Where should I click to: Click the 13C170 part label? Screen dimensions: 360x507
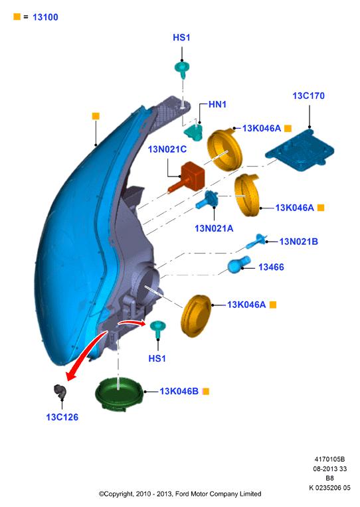308,96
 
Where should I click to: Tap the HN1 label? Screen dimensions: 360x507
217,104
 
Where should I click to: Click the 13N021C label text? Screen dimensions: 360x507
167,149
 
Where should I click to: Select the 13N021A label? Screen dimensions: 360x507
214,228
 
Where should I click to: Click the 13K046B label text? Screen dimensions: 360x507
179,392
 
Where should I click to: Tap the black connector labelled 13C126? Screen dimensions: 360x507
60,392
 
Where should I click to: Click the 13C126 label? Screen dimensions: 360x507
62,417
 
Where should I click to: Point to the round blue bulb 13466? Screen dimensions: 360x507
239,265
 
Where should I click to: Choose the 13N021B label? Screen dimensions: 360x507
298,242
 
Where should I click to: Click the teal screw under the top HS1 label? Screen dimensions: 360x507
182,70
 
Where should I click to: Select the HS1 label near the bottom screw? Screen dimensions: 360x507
157,358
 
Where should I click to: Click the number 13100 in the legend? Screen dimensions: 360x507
45,17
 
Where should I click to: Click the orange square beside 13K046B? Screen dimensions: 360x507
206,392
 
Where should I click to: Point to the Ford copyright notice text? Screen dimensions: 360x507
180,494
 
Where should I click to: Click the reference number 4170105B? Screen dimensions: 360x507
329,459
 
